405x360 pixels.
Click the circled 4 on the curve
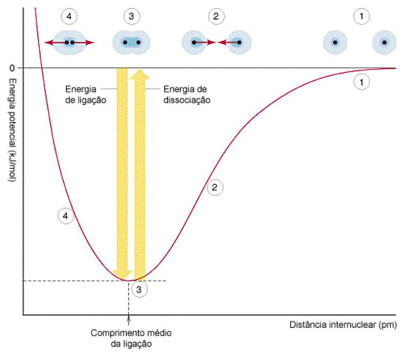pos(65,215)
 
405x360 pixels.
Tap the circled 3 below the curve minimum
pos(139,290)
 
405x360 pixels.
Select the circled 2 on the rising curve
pos(214,188)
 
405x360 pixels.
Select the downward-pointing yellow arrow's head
pos(123,275)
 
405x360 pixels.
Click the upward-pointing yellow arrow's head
pos(140,74)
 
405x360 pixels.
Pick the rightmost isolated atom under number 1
pos(384,42)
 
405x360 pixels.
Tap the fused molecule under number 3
pos(132,42)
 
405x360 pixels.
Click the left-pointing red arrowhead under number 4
pos(48,42)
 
